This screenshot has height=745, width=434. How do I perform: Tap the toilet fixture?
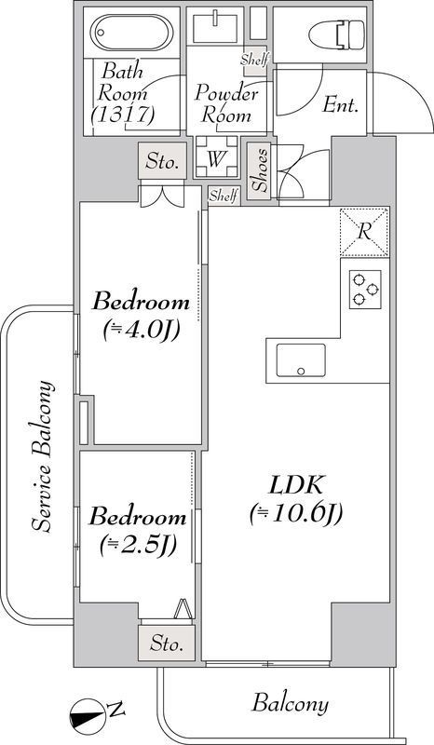coord(341,35)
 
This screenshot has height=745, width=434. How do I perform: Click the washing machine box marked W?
coord(215,157)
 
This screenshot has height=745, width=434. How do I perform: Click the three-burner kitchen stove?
coord(365,291)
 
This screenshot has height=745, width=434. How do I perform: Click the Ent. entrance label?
coord(340,105)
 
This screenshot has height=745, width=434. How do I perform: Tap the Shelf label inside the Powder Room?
coord(253,61)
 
